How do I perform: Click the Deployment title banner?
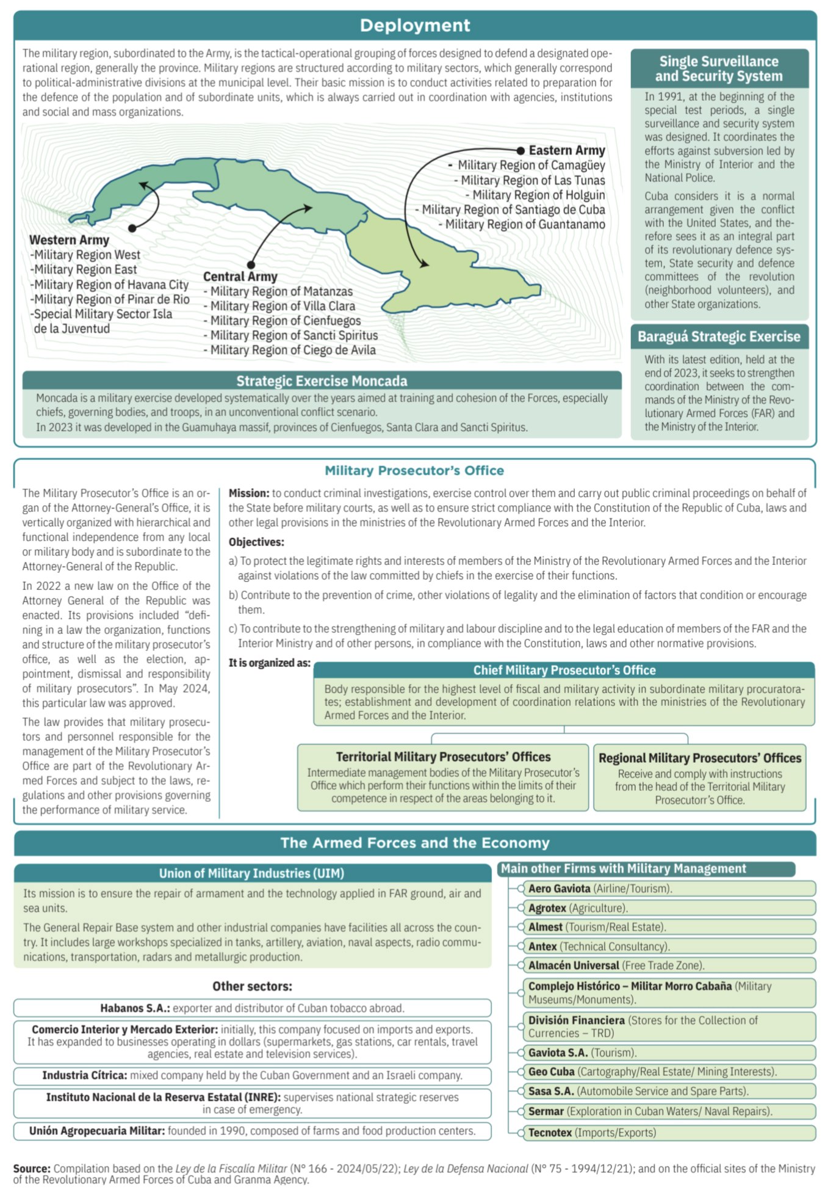pos(415,25)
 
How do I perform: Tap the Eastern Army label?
pos(567,150)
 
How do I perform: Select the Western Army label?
pos(69,240)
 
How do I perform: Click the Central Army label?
pos(240,277)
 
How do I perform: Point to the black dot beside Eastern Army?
pos(520,150)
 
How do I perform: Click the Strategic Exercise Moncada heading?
pos(322,381)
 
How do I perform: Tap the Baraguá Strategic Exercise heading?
pos(719,337)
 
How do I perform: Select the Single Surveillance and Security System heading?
pos(719,68)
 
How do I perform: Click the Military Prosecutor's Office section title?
pos(414,470)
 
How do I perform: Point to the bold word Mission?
pos(249,493)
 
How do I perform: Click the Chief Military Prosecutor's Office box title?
pos(564,670)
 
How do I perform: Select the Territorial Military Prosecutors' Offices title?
pos(443,757)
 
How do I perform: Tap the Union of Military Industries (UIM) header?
pos(251,873)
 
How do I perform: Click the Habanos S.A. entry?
pos(252,1008)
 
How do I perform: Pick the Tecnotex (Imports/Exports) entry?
pos(592,1133)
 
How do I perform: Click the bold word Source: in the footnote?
pos(32,1168)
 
